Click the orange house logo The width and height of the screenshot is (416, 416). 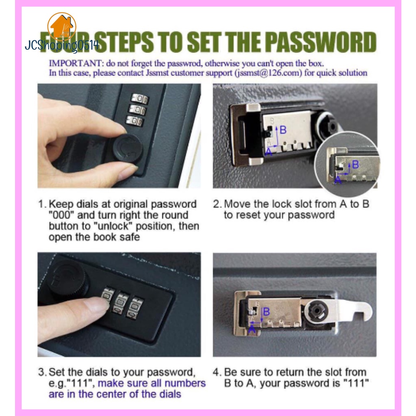pos(62,26)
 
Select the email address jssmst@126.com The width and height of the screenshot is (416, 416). pos(268,73)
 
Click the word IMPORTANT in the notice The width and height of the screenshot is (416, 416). pos(75,63)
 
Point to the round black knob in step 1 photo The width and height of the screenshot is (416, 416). pos(128,148)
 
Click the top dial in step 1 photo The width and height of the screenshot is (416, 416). pos(140,99)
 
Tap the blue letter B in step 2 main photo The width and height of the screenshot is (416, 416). pos(283,130)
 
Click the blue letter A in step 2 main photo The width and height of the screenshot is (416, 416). pos(269,152)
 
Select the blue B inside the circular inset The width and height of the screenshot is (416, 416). pos(355,165)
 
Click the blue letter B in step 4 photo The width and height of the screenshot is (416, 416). pos(266,312)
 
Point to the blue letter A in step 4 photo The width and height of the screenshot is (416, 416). pos(252,329)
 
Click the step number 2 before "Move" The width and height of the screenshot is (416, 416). pos(217,204)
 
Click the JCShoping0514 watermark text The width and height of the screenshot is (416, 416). pos(62,45)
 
